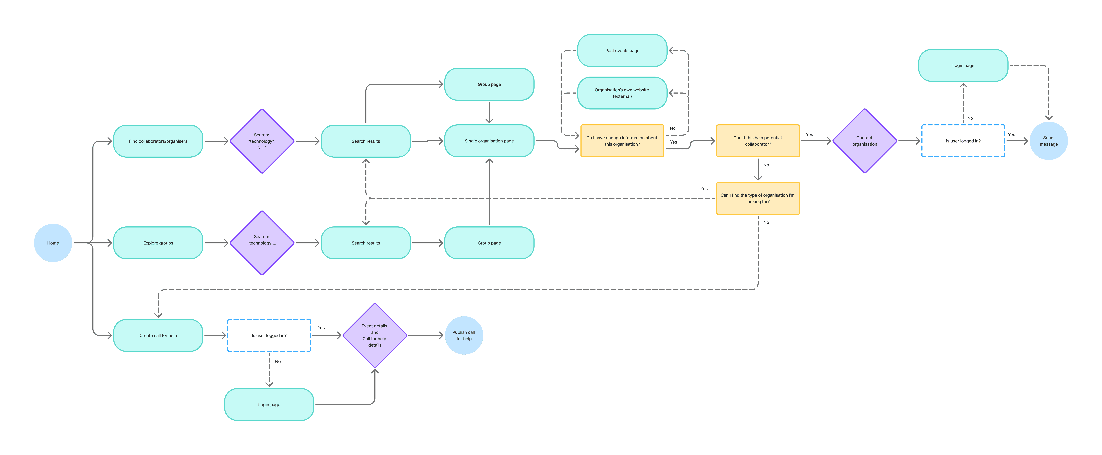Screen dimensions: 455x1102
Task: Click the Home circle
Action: click(53, 243)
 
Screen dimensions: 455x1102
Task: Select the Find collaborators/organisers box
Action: click(158, 141)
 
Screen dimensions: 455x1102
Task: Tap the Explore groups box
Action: click(158, 243)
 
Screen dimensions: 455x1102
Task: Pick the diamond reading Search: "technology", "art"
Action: click(262, 141)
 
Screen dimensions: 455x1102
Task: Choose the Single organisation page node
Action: click(489, 141)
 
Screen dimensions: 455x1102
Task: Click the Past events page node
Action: click(622, 50)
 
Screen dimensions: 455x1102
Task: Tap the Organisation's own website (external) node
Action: click(622, 93)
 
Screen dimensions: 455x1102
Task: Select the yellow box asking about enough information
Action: click(622, 141)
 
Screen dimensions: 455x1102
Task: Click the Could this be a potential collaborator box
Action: click(758, 141)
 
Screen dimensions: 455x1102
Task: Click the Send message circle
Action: click(1048, 141)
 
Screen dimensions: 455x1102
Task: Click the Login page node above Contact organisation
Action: click(963, 66)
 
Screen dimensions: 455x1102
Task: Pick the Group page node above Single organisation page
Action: click(489, 84)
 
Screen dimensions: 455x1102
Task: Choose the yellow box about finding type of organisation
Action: click(758, 198)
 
